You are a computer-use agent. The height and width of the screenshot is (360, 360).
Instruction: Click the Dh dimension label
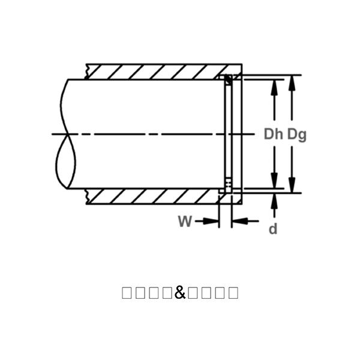pos(273,134)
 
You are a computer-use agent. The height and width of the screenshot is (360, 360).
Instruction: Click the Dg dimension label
pos(296,134)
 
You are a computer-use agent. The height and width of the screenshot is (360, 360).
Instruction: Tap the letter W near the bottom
pos(185,221)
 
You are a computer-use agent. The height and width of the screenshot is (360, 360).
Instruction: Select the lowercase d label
pos(273,229)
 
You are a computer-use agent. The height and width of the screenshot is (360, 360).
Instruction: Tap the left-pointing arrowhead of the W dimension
pos(238,221)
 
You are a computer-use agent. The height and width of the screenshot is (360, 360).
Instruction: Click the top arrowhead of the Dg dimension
pos(292,81)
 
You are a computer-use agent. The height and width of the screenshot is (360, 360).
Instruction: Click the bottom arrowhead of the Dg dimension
pos(292,187)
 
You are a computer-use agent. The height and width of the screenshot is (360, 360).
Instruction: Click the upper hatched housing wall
pos(156,71)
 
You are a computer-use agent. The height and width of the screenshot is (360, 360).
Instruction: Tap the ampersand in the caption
pos(180,293)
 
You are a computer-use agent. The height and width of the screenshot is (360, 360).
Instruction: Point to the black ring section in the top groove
pos(227,79)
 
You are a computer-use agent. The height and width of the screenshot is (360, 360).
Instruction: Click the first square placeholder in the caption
pos(127,293)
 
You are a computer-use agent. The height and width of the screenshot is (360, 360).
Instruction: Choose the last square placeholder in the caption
pos(233,293)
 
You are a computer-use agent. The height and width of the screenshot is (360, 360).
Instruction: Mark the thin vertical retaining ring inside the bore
pos(227,132)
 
